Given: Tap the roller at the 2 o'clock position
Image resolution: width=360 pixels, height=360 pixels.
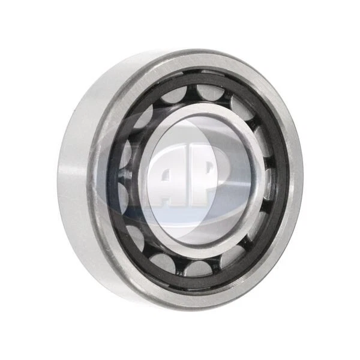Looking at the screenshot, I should (264, 137).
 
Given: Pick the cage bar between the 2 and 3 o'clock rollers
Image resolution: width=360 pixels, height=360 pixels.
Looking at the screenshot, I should (270, 158).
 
